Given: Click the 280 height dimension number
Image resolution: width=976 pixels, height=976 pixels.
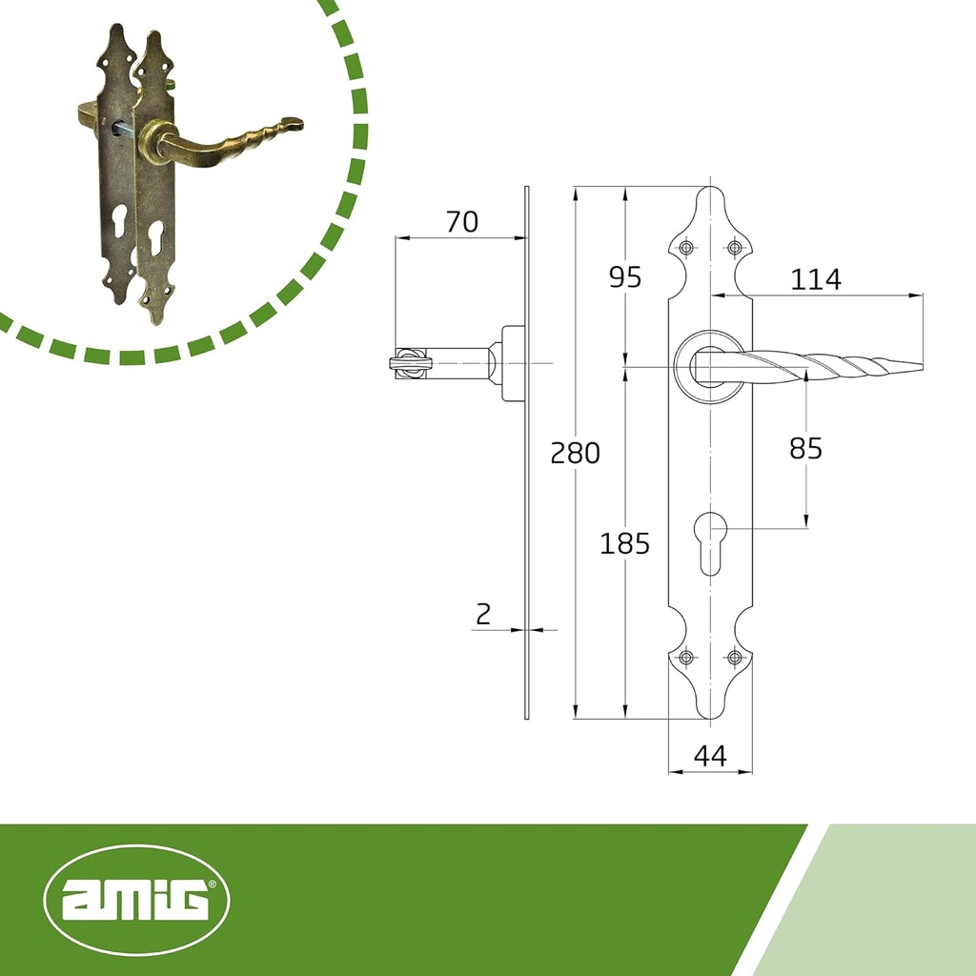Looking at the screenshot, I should [x=576, y=453].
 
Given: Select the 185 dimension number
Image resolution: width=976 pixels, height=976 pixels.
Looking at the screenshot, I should [x=624, y=544].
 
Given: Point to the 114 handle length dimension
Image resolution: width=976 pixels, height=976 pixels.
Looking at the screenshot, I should [x=815, y=279].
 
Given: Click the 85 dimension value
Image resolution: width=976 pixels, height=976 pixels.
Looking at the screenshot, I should [x=805, y=448].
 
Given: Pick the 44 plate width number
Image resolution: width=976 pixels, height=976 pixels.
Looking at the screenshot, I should [x=710, y=756].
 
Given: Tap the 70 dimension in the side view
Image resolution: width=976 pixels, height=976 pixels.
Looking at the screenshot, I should [x=461, y=222].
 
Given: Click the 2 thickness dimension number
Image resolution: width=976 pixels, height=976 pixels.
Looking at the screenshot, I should [x=483, y=614].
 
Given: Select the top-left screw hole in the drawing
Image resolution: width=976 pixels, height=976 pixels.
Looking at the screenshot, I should [x=686, y=249].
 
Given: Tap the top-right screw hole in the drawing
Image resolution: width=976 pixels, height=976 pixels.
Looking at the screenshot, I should [x=734, y=249].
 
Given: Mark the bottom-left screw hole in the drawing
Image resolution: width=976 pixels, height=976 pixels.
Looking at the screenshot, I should [x=686, y=657].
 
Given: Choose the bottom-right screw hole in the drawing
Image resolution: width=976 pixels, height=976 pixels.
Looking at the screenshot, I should [x=734, y=657].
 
